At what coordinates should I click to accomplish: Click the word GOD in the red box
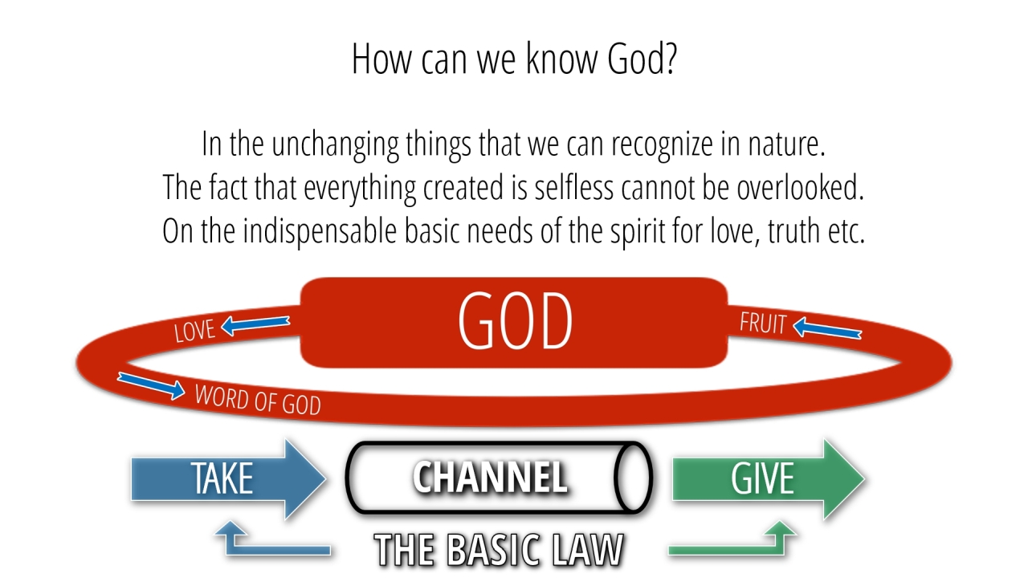click(515, 320)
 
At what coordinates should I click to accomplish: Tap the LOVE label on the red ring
click(194, 330)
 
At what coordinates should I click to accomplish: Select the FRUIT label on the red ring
click(763, 323)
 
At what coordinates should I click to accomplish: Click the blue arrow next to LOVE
click(255, 325)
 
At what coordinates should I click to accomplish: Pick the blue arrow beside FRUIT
click(827, 328)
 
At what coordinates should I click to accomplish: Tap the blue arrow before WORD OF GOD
click(152, 385)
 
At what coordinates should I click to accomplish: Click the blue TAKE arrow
click(229, 479)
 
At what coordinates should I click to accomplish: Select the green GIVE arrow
click(769, 479)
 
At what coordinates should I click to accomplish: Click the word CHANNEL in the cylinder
click(490, 477)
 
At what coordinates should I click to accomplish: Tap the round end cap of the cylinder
click(634, 477)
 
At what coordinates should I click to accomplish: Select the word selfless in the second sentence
click(573, 188)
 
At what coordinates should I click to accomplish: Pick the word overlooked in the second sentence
click(801, 188)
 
